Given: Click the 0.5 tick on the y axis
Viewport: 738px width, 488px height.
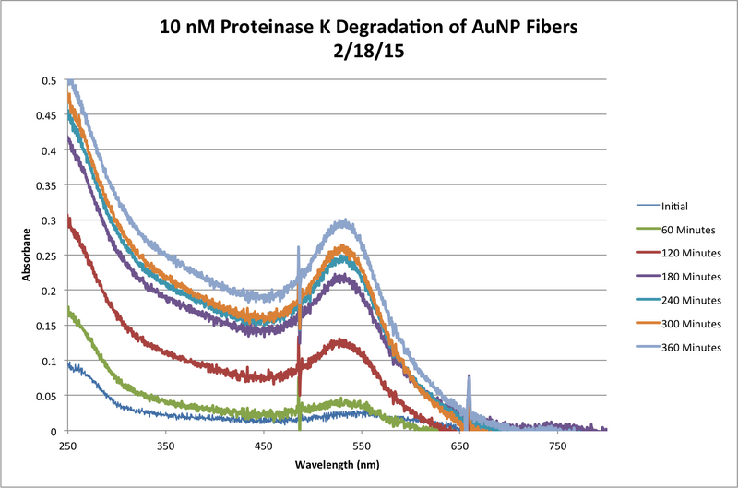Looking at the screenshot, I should tap(51, 80).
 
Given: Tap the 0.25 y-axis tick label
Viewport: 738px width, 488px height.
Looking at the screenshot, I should tap(47, 256).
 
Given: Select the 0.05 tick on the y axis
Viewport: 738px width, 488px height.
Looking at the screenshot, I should tap(47, 396).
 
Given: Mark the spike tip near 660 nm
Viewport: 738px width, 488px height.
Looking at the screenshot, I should tap(469, 376).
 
